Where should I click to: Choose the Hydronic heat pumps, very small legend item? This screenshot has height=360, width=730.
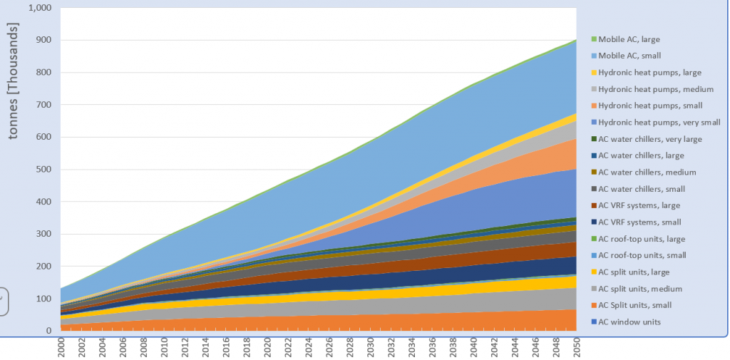click(659, 121)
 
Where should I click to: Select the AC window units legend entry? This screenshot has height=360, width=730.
click(629, 322)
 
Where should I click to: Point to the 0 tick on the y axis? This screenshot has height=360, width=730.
click(48, 331)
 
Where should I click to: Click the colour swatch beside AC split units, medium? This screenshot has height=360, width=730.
click(593, 289)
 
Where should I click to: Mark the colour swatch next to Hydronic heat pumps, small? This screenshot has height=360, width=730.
click(593, 106)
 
